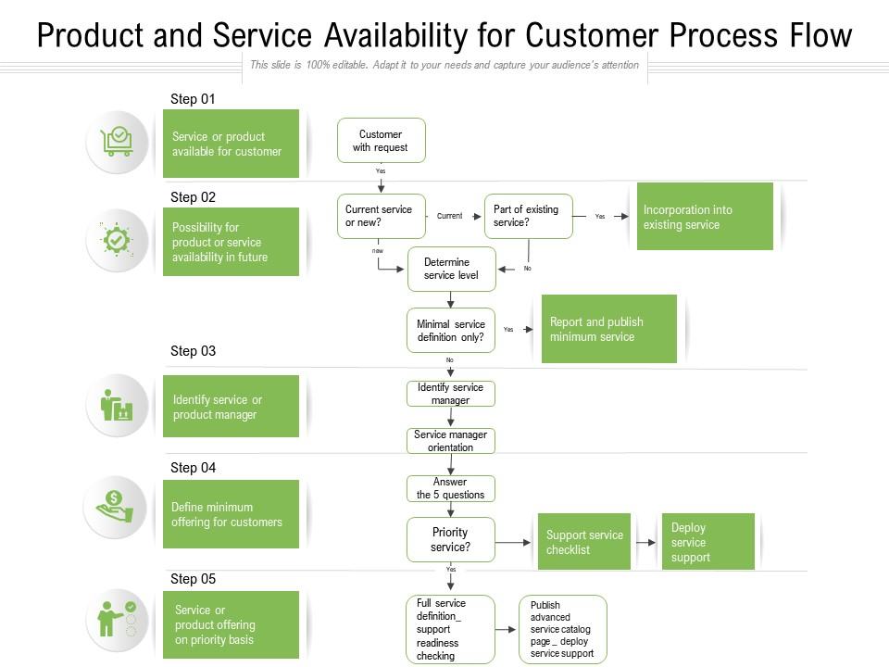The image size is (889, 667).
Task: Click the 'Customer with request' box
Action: coord(381,141)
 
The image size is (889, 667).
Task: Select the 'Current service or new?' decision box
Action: coord(380,216)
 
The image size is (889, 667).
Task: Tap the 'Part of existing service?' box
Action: coord(529,216)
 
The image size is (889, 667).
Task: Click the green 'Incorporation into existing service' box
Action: coord(705,217)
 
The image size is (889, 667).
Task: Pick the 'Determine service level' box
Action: coord(451,269)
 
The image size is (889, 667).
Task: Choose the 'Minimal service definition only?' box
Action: coord(451,331)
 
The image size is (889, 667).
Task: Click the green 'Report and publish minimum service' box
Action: coord(608,329)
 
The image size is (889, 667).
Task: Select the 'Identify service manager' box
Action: coord(451,394)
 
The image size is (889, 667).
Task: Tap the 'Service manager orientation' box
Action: coord(451,441)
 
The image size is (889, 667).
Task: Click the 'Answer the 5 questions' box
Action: coord(451,488)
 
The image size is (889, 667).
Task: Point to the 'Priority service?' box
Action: coord(451,539)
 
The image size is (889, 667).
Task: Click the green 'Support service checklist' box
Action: coord(583,542)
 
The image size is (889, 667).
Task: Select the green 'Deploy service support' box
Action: coord(707,542)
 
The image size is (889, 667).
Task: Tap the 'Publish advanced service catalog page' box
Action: coord(562,630)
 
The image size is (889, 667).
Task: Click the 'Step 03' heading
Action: coord(193,351)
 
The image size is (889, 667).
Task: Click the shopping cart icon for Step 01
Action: coord(118,142)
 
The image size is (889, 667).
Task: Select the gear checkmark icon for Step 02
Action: coord(117,240)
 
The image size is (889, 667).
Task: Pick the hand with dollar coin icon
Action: coord(117,507)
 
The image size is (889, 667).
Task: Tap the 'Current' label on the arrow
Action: coord(449,216)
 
